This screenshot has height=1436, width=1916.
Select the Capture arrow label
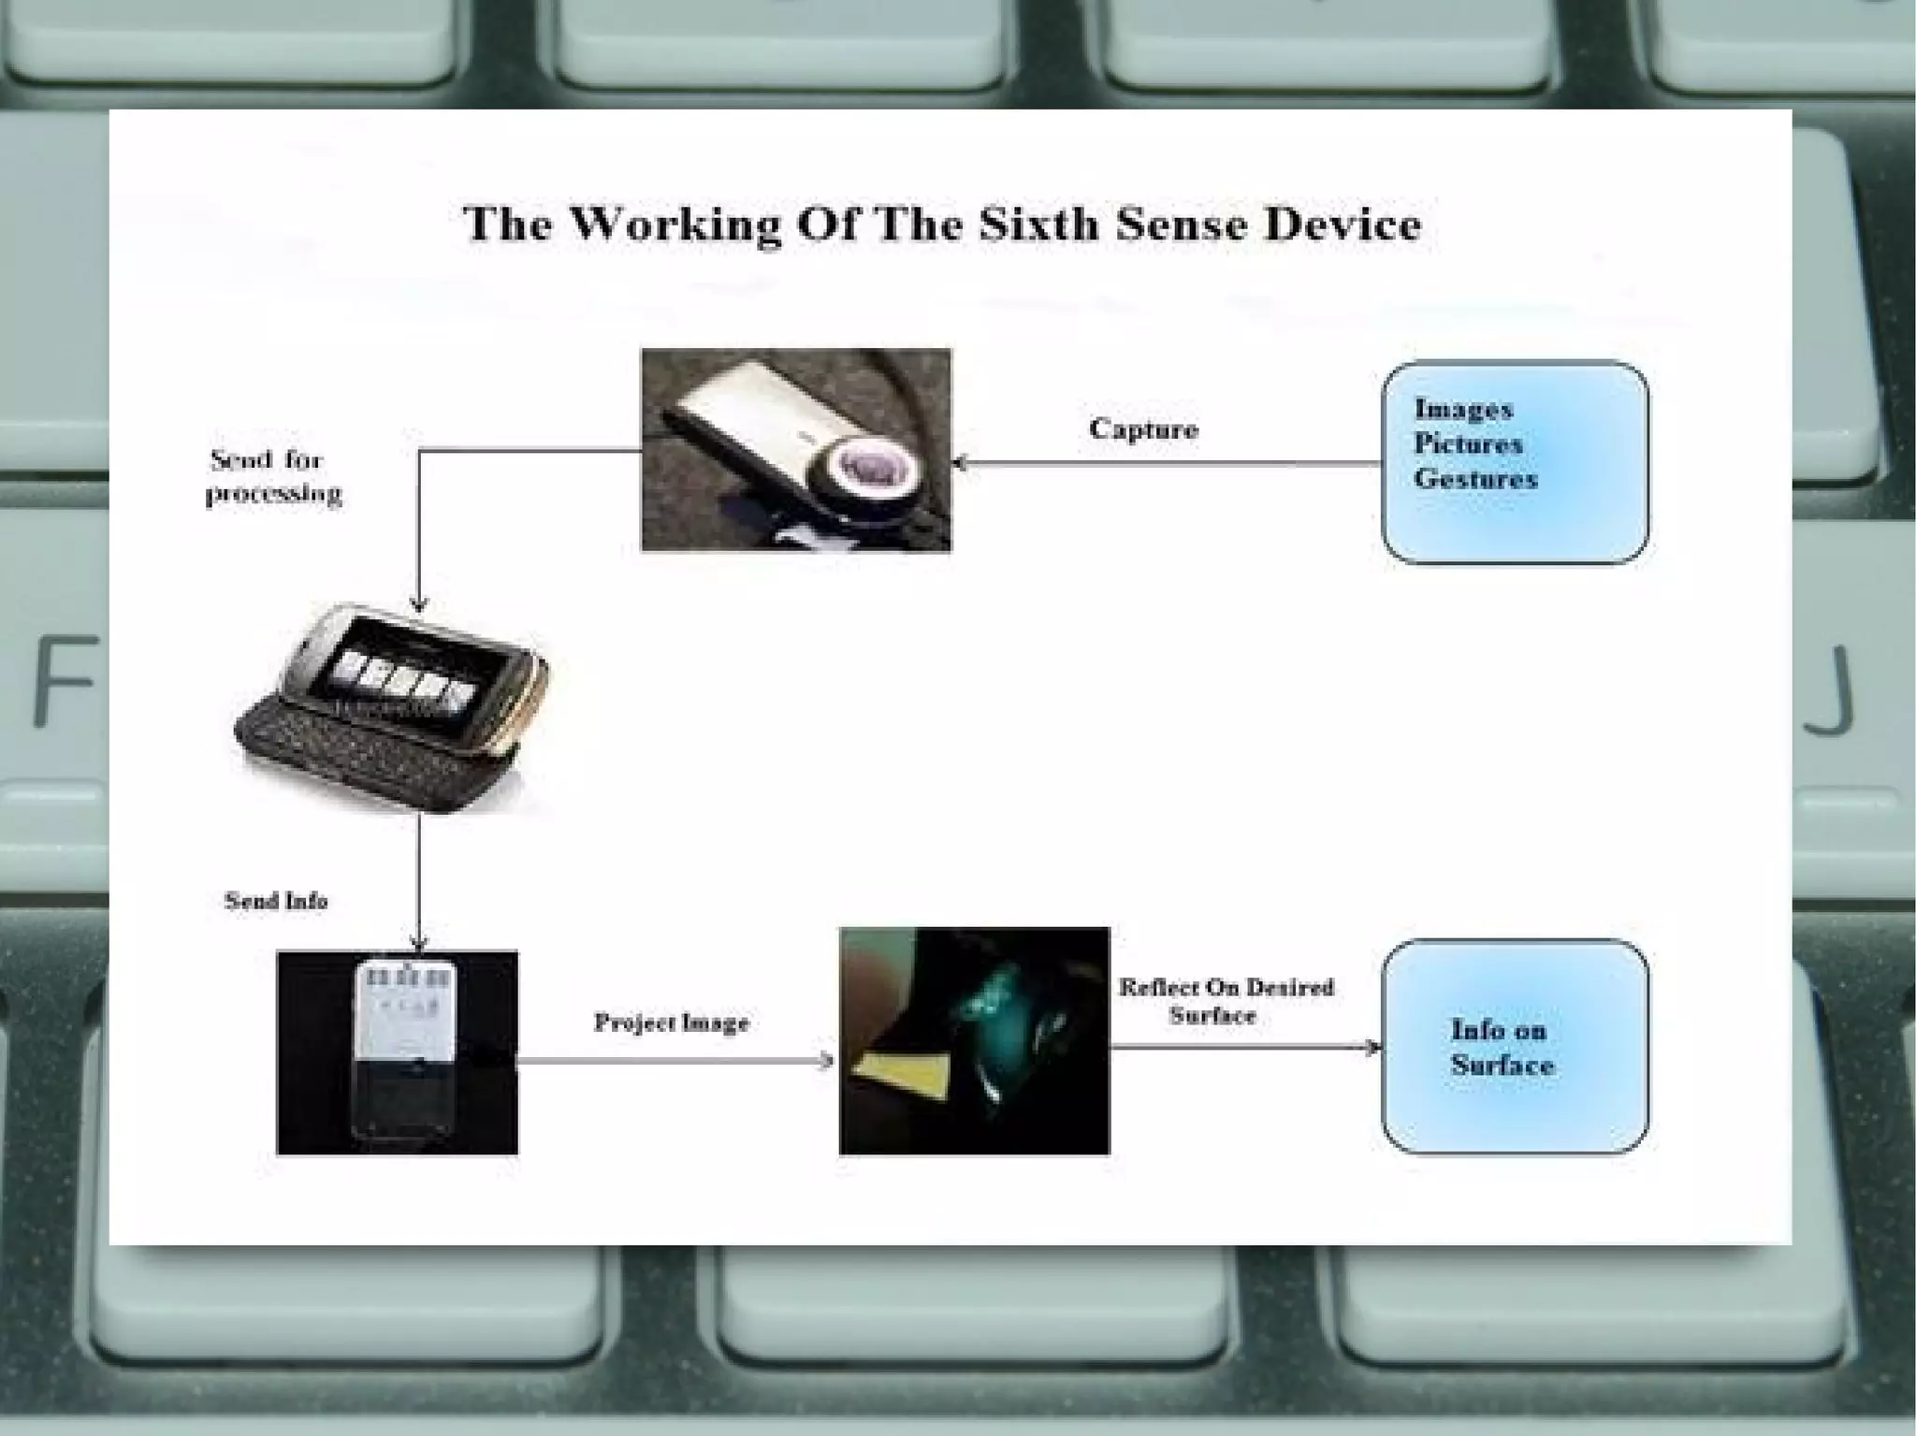pyautogui.click(x=1143, y=429)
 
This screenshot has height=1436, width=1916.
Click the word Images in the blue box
pyautogui.click(x=1463, y=410)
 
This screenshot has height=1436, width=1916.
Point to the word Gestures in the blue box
pyautogui.click(x=1475, y=479)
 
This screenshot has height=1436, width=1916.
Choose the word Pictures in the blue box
pyautogui.click(x=1468, y=444)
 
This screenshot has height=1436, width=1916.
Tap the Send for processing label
pyautogui.click(x=273, y=476)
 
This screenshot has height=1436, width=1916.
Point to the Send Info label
pyautogui.click(x=276, y=901)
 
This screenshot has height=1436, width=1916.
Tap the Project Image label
pyautogui.click(x=672, y=1023)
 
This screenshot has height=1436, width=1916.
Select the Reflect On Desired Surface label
pyautogui.click(x=1226, y=1001)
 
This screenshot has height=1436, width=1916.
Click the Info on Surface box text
pyautogui.click(x=1502, y=1048)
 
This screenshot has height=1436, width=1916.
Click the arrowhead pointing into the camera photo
pyautogui.click(x=959, y=463)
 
